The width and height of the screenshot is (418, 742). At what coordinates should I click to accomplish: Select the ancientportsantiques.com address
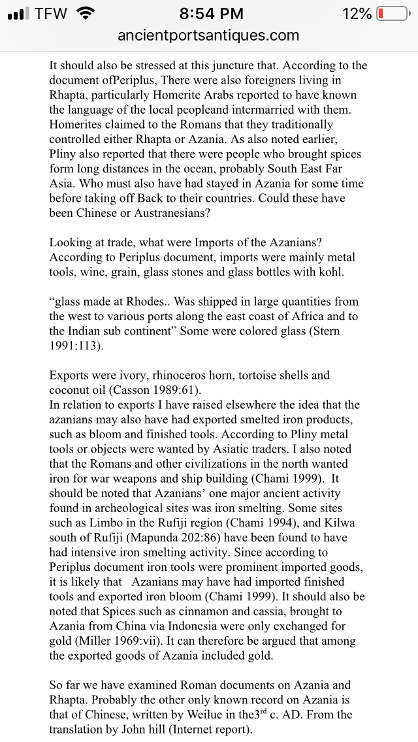208,35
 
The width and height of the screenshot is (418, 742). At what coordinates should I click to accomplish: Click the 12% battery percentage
356,14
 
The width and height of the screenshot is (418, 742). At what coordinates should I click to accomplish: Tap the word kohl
330,272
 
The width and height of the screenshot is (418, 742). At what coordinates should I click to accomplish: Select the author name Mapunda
152,538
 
